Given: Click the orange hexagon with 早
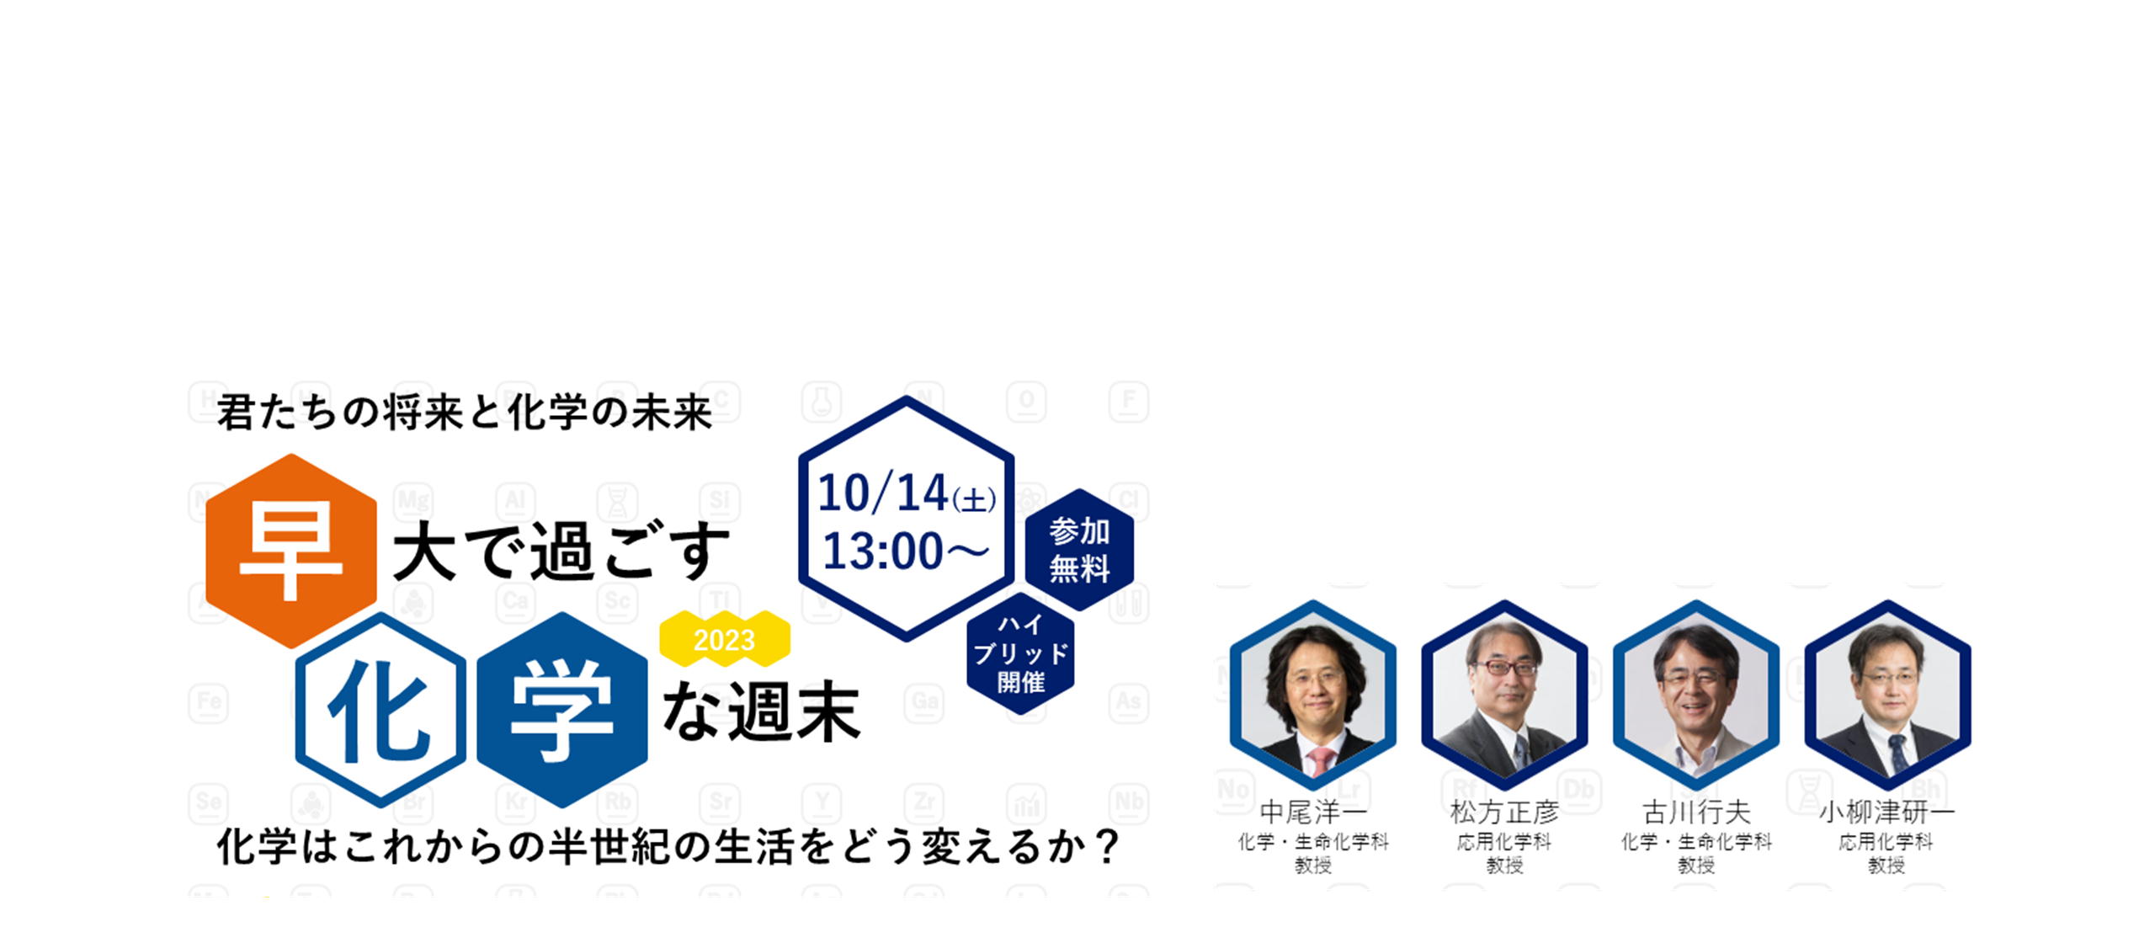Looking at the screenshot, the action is point(291,551).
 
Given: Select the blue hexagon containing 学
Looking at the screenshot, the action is point(562,710).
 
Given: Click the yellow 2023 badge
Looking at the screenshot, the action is point(725,640).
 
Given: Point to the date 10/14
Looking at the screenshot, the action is point(883,493).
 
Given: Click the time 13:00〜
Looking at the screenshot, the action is point(906,551).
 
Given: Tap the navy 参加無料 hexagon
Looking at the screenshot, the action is point(1079,550).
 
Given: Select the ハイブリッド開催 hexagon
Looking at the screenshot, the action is point(1021,653).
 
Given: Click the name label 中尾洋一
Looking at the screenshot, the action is point(1313,812).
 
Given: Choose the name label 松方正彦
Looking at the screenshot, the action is point(1504,812).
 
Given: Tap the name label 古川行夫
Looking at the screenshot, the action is point(1696,812).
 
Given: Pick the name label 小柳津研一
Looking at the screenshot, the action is point(1886,812).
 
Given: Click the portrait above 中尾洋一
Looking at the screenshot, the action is point(1313,695).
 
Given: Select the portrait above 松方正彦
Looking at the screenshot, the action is point(1505,695).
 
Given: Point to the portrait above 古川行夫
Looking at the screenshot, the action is point(1696,695).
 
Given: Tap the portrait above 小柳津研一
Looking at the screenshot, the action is point(1887,695).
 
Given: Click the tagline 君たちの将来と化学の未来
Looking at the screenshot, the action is point(465,413).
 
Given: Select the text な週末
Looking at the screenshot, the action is point(762,712).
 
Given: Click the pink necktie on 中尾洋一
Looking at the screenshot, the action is point(1320,761).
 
